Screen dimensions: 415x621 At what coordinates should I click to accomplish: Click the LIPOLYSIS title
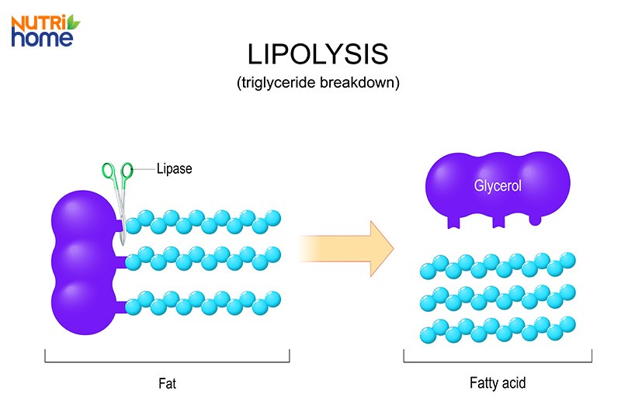click(317, 54)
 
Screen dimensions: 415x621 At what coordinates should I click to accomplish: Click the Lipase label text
click(174, 168)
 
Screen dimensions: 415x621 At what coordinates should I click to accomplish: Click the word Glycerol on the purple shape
click(498, 186)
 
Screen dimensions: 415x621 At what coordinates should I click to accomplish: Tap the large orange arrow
click(349, 247)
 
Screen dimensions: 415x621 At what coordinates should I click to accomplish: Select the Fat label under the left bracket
click(167, 382)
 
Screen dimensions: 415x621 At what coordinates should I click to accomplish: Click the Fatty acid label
click(498, 382)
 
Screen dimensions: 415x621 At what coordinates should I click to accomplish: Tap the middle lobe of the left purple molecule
click(82, 260)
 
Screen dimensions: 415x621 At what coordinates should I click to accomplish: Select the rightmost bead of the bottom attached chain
click(272, 298)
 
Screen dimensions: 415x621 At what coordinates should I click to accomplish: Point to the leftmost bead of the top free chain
click(428, 271)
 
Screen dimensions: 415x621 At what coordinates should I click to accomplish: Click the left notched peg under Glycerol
click(454, 221)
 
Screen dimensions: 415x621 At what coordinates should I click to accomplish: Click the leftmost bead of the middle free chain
click(428, 303)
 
